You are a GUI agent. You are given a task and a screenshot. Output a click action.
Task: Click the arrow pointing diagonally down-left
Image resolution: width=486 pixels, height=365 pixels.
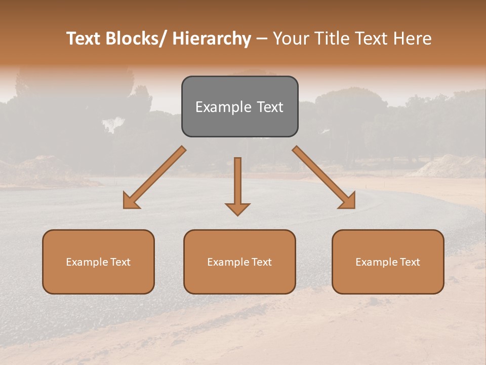tap(154, 177)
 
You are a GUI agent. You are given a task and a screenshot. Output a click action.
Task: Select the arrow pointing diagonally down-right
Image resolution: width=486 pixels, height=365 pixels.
tap(324, 177)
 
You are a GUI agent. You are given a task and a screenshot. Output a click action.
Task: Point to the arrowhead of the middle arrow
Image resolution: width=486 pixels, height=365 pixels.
tap(237, 208)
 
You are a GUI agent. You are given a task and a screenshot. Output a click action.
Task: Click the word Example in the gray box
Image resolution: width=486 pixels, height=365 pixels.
tap(223, 107)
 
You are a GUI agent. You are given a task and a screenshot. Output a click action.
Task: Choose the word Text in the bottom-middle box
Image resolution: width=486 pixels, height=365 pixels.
tap(261, 262)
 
